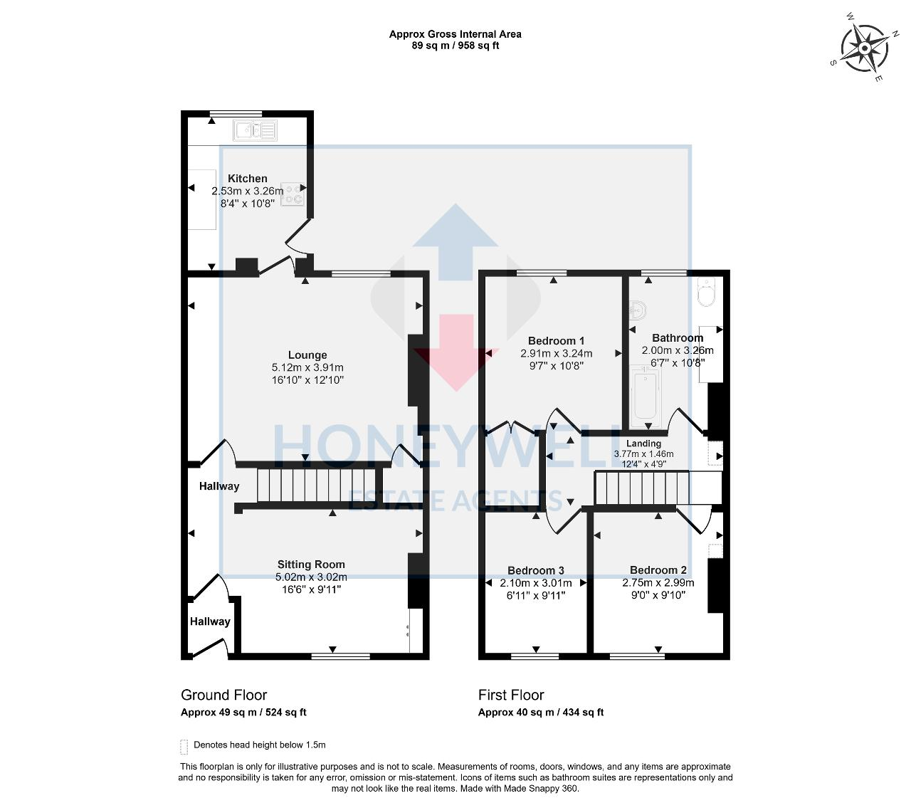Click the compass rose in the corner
coord(864,48)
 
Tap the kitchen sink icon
coord(254,130)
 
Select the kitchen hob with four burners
coord(293,194)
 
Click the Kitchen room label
coord(248,179)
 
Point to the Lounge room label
coord(307,355)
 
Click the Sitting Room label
coord(311,565)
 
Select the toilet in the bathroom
coord(707,293)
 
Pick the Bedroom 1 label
coord(556,341)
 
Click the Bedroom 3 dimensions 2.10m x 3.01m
coord(536,583)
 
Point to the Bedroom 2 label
coord(658,570)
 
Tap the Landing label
coord(643,444)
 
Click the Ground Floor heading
coord(224,695)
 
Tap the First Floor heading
coord(511,695)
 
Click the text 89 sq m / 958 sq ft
coord(455,46)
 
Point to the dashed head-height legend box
coord(184,746)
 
